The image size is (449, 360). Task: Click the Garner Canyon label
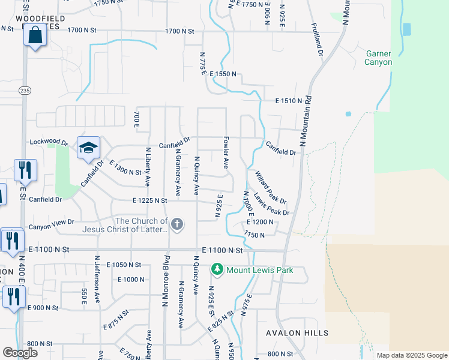[379, 58]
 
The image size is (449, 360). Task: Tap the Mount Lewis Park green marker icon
[218, 270]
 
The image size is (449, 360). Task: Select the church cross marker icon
[176, 225]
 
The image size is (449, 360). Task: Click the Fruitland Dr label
[316, 40]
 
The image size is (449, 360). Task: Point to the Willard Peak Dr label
[270, 187]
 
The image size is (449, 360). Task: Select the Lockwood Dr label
[49, 143]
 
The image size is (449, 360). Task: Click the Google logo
[20, 353]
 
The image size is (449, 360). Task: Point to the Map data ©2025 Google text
[411, 355]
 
